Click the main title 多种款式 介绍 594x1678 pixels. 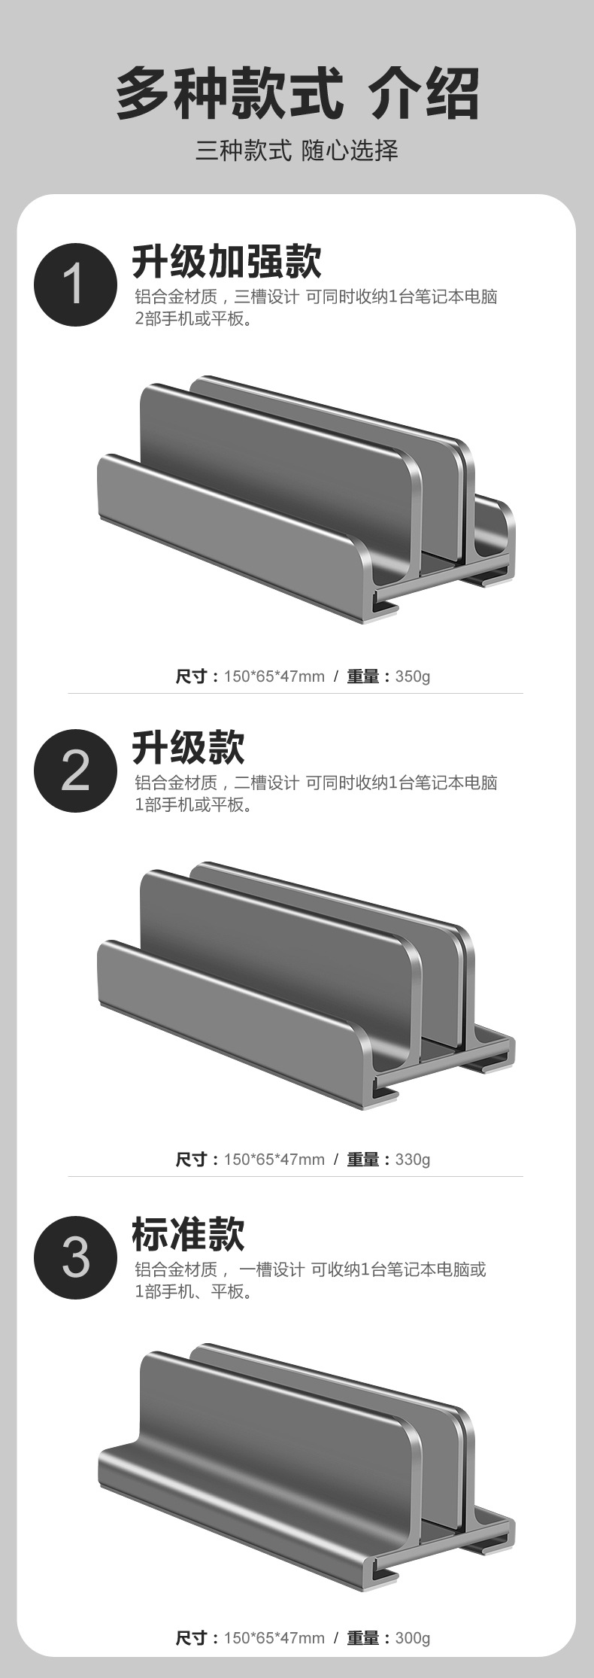297,93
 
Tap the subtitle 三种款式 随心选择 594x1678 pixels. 297,150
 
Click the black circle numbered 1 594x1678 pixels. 75,284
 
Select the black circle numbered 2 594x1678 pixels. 75,771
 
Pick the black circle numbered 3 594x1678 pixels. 75,1257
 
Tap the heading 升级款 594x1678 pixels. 189,748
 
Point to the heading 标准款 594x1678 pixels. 189,1234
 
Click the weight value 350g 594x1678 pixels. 413,676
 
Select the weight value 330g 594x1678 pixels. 413,1159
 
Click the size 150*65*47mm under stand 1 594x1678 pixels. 274,676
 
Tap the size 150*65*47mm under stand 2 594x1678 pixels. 274,1159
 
